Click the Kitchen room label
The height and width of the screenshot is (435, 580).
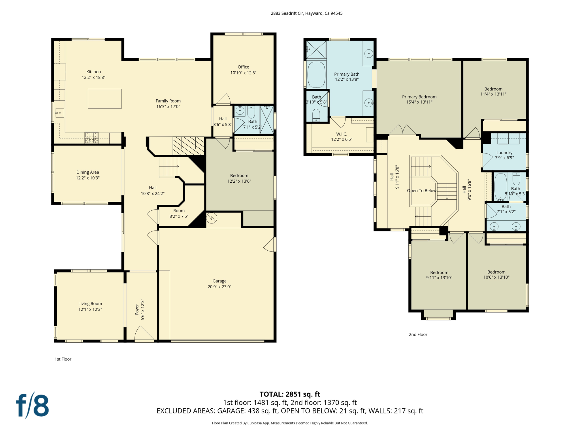click(93, 72)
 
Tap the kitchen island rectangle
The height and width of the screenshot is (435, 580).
click(105, 99)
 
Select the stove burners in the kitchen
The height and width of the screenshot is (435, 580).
click(91, 138)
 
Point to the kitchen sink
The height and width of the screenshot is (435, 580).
click(59, 113)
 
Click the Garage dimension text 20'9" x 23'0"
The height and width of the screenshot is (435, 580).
click(219, 287)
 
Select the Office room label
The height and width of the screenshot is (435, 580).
click(243, 67)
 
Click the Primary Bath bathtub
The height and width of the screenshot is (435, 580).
click(316, 74)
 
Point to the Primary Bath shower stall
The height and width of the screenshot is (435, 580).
click(316, 50)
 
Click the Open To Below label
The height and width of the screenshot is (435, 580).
click(421, 191)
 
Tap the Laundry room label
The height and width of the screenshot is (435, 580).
click(504, 153)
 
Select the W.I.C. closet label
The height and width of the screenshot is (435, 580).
click(342, 134)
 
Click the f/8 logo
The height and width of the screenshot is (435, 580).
click(32, 405)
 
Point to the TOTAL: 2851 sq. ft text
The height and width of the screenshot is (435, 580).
click(290, 394)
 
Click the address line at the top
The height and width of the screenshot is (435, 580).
click(306, 13)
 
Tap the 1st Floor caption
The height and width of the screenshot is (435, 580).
click(63, 359)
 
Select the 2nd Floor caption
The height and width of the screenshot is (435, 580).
click(418, 334)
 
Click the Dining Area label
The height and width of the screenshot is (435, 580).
click(88, 172)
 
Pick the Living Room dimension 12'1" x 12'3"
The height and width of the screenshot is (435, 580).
click(90, 309)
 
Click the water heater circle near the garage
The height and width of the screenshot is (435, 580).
click(212, 218)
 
